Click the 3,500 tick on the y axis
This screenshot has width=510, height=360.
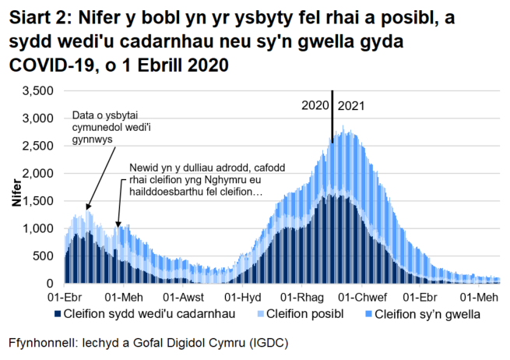coord(37,91)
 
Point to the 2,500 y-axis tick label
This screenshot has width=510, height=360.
coord(37,146)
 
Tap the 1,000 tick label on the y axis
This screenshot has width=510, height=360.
coord(37,228)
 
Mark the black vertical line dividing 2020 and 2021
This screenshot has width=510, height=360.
coord(332,117)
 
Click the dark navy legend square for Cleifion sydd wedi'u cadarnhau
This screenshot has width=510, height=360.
coord(57,316)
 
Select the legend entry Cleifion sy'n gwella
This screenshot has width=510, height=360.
coord(424,316)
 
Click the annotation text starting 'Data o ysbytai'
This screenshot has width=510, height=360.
coord(102,127)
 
